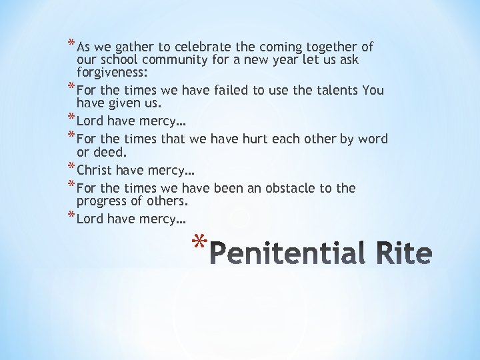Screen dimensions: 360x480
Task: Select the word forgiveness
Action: (113, 73)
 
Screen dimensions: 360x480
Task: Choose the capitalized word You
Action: (373, 90)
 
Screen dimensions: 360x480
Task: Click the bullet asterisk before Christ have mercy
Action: (71, 167)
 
